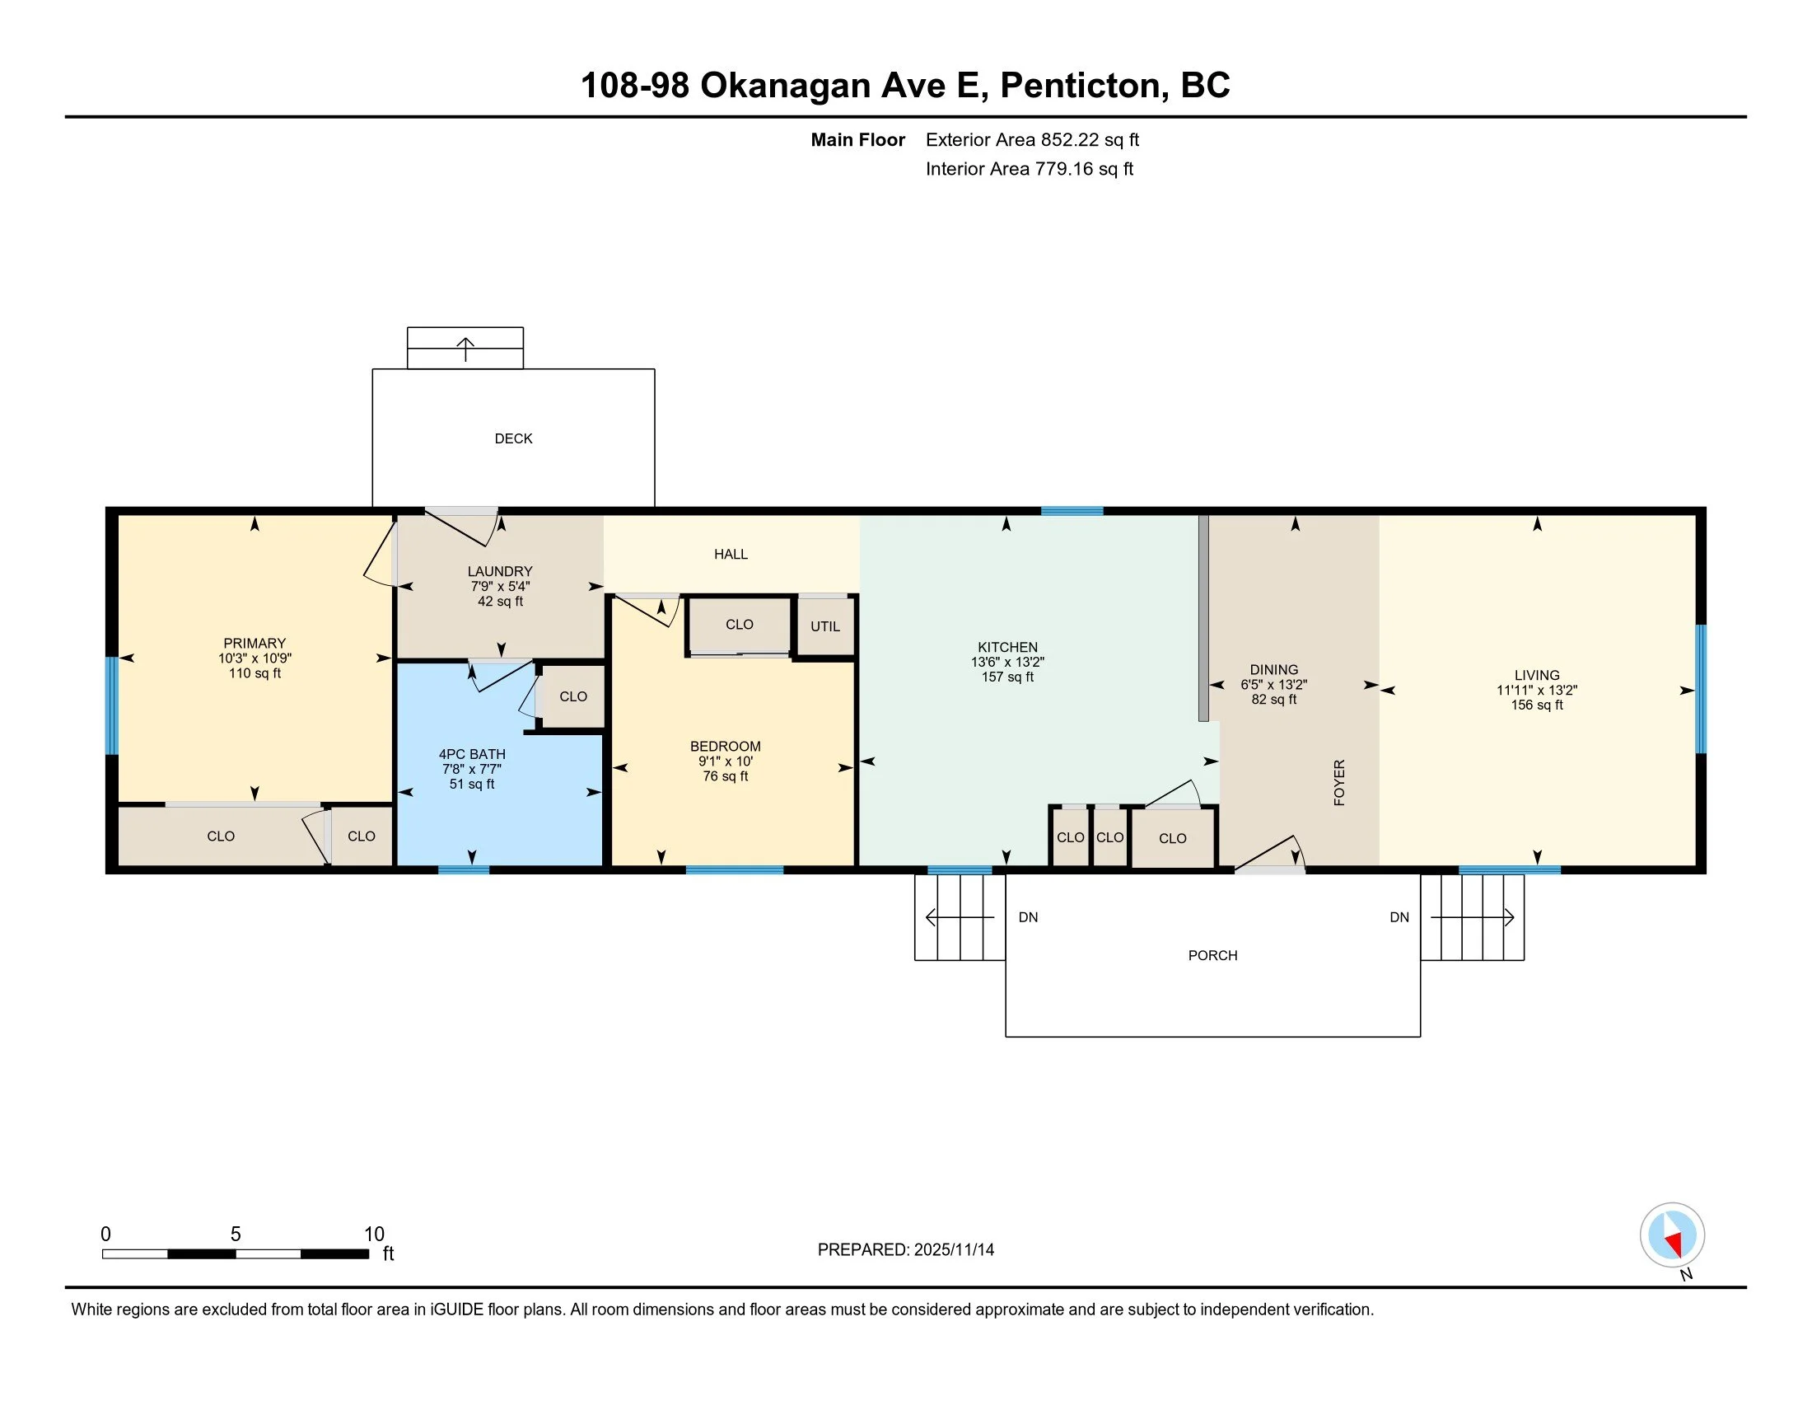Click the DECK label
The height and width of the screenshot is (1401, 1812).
[514, 438]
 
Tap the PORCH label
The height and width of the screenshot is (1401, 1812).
[1212, 955]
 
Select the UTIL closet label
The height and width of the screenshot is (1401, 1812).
[824, 626]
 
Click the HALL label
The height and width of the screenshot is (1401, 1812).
[731, 554]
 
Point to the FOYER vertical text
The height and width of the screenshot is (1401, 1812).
[1338, 782]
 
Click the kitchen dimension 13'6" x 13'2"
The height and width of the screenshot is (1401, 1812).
[1007, 663]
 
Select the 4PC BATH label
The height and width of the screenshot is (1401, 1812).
[472, 754]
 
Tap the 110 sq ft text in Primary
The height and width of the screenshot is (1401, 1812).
[255, 673]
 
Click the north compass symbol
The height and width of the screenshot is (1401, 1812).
[1672, 1235]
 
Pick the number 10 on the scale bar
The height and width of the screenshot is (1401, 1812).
[374, 1235]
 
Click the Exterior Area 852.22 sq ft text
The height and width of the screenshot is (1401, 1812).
[1032, 139]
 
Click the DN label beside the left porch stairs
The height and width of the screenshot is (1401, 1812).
[1028, 917]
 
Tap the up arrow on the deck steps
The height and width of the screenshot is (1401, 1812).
[465, 349]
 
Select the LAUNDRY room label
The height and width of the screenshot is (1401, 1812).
[499, 571]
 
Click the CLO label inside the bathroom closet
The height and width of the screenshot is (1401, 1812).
[573, 696]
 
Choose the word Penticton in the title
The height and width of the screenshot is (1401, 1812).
[1079, 85]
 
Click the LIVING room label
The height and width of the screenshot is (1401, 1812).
[1537, 676]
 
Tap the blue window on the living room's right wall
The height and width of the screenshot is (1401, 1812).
[1700, 689]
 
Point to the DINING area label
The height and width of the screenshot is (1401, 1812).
[1273, 670]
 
